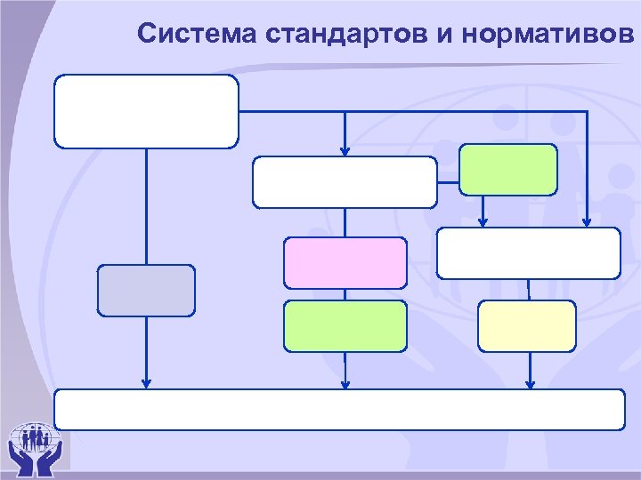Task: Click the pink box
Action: click(x=345, y=262)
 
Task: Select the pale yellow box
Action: click(x=527, y=326)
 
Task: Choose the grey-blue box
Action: click(x=146, y=291)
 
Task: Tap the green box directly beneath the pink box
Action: click(x=345, y=326)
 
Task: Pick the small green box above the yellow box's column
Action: click(x=507, y=170)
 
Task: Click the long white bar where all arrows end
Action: click(x=339, y=409)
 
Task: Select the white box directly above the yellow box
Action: click(x=528, y=253)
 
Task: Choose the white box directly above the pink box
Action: click(x=345, y=182)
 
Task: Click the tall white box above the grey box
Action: click(x=147, y=111)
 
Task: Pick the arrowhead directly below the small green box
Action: click(x=483, y=222)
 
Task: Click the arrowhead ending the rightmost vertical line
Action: click(x=588, y=222)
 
